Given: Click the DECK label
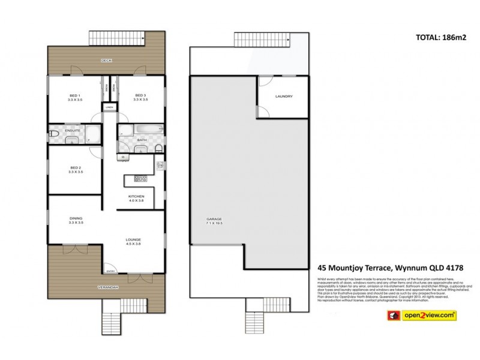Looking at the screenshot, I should click(107, 61).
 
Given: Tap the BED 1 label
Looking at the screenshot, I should click(75, 97).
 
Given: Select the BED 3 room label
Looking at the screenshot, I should click(140, 97).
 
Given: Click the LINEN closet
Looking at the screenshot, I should click(110, 108).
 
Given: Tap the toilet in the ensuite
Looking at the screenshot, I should click(53, 133).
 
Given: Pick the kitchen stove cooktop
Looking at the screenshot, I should click(140, 178).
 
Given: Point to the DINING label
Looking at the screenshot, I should click(75, 218).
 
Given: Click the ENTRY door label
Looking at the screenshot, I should click(110, 271).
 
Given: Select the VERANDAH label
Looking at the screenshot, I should click(109, 288).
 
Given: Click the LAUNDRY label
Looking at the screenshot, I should click(283, 96).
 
